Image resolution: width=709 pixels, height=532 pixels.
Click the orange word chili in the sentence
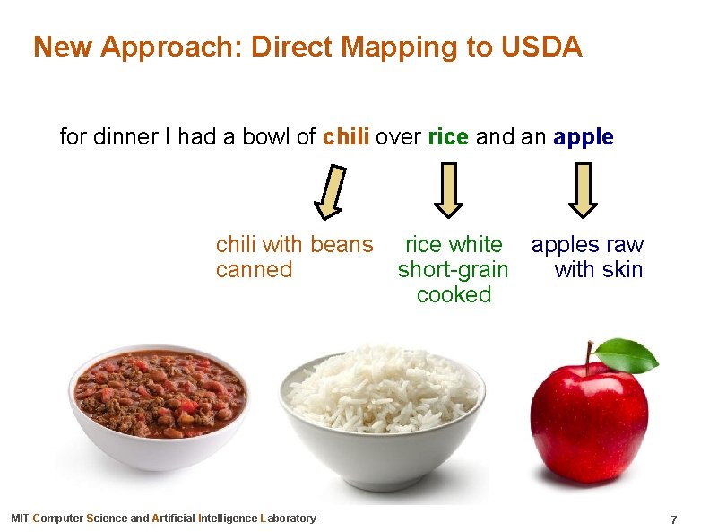coord(346,137)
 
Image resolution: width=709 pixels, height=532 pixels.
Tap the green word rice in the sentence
coord(448,137)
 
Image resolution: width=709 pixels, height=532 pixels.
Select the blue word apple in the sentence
coord(584,137)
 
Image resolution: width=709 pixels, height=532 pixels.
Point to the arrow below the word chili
coord(332,191)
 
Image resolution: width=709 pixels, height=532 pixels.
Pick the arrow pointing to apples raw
coord(584,189)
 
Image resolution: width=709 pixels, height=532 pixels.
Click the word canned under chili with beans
coord(254,270)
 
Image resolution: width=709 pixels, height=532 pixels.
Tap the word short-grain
coord(453,270)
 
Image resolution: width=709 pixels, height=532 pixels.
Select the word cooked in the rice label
coord(454,295)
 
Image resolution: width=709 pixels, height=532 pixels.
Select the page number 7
coord(673,520)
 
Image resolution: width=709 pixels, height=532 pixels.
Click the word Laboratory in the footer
coord(288,519)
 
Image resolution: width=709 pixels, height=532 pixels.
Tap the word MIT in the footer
coord(19,519)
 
